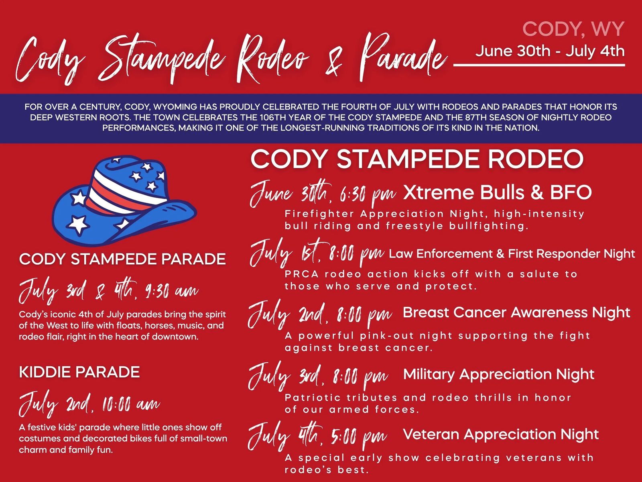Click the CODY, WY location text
coord(573,29)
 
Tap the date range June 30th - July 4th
coord(550,51)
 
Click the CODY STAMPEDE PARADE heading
coord(122,259)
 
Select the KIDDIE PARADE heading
coord(79,372)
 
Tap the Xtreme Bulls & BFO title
coord(497,192)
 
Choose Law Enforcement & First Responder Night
coord(512,253)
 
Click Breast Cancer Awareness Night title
coord(516,312)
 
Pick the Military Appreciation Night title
coord(499,374)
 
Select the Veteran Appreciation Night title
coord(501,434)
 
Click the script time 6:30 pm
coord(368,194)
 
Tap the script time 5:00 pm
coord(359,437)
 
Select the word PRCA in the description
coord(302,274)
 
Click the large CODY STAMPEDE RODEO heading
coord(417,159)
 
